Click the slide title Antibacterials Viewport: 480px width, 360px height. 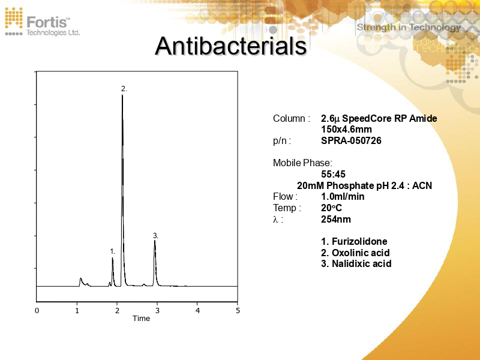231,47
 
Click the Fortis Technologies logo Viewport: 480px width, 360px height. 42,22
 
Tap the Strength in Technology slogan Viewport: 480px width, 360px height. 409,27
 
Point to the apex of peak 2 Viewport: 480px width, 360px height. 122,95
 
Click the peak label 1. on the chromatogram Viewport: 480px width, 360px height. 112,251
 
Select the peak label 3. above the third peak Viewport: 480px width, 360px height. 155,236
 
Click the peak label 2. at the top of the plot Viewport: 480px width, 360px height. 124,88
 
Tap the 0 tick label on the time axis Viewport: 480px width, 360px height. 37,311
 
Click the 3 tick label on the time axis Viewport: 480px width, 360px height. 157,311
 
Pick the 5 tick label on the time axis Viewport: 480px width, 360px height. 238,311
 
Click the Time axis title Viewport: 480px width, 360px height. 141,319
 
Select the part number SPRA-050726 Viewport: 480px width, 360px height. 351,141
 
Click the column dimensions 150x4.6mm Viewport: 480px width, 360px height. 346,130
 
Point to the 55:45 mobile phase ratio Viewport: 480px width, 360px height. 333,175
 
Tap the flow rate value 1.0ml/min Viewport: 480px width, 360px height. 343,197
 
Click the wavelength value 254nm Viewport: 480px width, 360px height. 336,219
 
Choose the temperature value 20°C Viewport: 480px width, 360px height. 331,208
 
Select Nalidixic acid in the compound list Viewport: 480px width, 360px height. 361,263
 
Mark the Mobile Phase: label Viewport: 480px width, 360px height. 302,163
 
